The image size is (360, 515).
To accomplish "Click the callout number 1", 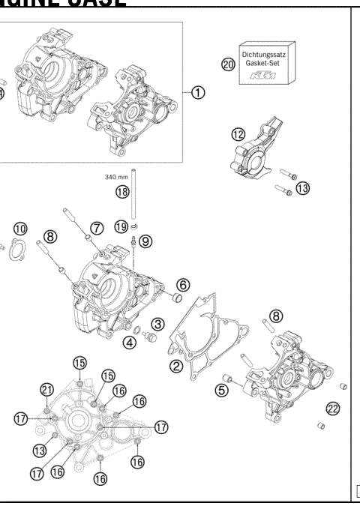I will point(197,92).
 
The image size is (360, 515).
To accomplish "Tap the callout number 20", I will point(229,64).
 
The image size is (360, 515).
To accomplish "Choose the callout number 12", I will point(237,134).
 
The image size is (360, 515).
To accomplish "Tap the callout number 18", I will point(122,192).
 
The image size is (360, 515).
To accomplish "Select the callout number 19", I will point(121,226).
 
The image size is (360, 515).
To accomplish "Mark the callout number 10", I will point(19,228).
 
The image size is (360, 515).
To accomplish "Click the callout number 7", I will point(97,227).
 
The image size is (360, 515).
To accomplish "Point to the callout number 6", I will point(184,284).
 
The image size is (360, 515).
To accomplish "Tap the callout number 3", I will point(157,323).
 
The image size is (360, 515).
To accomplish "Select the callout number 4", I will point(130,343).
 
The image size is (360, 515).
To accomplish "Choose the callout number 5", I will point(221,389).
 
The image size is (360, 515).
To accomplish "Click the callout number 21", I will point(47,388).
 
